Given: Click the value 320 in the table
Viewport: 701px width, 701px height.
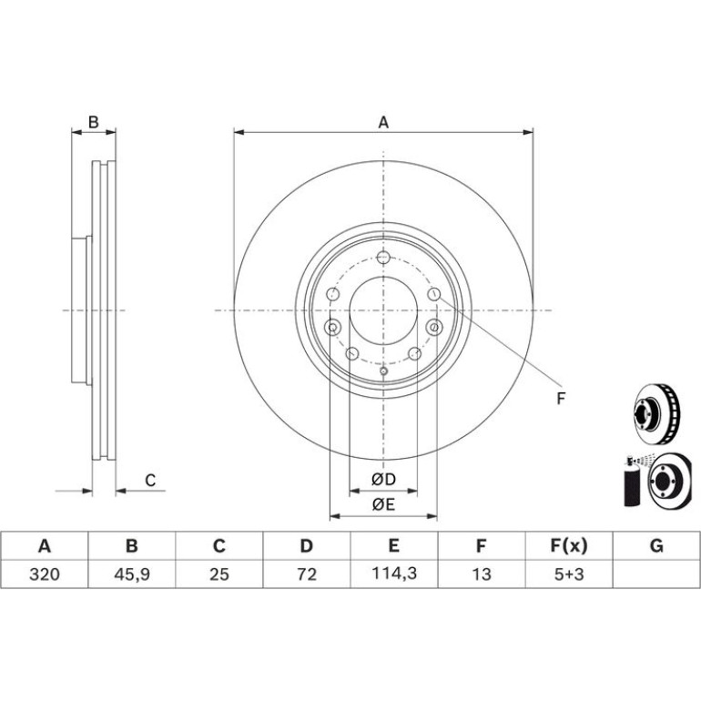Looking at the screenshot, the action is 45,574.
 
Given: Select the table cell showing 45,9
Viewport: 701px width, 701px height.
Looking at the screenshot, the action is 132,574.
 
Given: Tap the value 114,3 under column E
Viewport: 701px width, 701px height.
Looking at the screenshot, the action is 394,574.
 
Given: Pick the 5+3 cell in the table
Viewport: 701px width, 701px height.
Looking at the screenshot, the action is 569,574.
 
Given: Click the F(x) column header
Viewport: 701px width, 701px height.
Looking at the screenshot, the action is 569,546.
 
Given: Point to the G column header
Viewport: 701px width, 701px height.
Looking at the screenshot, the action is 656,546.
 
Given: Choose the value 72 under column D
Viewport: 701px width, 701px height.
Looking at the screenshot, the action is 307,574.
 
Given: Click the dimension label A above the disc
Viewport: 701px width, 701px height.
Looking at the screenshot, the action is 383,122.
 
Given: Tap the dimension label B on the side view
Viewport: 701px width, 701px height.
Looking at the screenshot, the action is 94,122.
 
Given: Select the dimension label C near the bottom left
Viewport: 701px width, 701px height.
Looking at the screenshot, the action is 150,481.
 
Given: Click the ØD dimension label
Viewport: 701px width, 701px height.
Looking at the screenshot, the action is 383,479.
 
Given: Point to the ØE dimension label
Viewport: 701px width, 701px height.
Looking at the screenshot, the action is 383,504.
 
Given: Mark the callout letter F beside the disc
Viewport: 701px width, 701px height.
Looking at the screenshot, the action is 561,399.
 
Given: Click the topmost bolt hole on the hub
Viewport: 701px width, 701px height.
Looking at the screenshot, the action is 383,258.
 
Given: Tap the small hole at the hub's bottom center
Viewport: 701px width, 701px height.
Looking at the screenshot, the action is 383,371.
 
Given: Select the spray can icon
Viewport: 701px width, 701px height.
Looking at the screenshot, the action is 630,482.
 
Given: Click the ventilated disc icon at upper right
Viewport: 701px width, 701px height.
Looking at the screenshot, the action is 656,414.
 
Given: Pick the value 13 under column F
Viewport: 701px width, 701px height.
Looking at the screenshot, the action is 482,574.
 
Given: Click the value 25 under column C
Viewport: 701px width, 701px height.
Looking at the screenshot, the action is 219,574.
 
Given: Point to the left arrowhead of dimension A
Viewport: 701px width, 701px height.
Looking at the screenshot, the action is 239,132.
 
